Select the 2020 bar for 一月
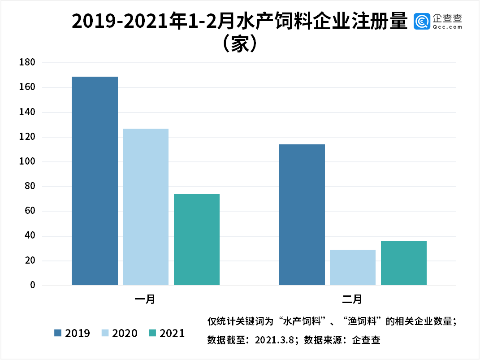146,207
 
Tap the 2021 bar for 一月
197,239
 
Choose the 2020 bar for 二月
353,267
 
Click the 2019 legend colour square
58,333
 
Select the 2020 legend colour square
105,333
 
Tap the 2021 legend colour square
152,333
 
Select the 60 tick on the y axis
29,211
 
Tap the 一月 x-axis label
145,299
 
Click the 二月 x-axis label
352,299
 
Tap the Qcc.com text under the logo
447,27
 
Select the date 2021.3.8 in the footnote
274,340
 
